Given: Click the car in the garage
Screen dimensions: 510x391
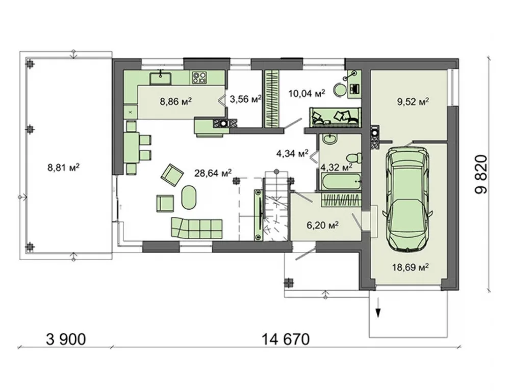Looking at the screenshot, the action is tap(408, 198).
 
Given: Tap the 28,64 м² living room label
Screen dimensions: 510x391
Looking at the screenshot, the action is tap(213, 173).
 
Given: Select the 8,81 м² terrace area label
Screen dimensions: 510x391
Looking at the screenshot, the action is tap(64, 168).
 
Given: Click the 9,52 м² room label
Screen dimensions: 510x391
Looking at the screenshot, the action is tap(413, 102).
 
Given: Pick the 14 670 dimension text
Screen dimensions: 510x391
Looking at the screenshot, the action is tap(285, 340).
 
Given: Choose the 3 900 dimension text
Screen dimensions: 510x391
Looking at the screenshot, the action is tap(66, 340).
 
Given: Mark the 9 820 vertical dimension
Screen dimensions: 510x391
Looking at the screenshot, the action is tap(481, 174).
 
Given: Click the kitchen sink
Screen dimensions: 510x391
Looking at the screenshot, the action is tap(160, 78).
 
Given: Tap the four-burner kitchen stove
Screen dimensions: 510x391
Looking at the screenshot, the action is tap(199, 77).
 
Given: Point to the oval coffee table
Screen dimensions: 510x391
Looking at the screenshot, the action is tap(189, 198).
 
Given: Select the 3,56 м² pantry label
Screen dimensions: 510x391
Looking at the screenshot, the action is tap(246, 99).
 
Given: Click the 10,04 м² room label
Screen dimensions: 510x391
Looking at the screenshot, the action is tap(307, 94).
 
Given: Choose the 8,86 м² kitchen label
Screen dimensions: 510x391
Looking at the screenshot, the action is tap(175, 102).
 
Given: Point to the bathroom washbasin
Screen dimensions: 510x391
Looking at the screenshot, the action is tap(331, 139).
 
